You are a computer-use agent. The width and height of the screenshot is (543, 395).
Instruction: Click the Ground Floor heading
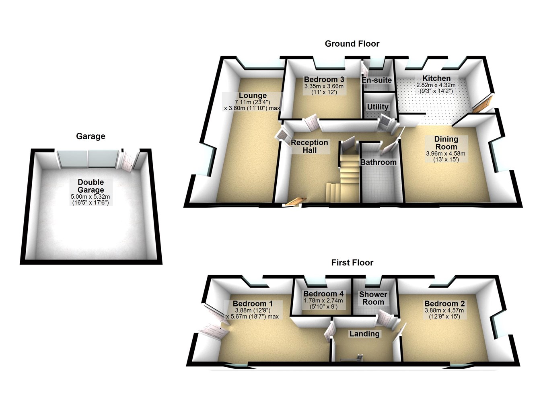352,44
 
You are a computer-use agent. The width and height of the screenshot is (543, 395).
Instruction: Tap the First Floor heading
352,263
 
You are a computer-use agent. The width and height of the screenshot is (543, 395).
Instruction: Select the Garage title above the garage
90,136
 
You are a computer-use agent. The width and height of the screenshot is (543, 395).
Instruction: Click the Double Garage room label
90,186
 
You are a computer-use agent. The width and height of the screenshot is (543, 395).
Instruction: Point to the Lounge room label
253,95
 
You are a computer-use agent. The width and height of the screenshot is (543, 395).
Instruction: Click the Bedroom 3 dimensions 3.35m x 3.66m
324,86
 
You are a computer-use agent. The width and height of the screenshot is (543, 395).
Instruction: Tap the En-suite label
376,80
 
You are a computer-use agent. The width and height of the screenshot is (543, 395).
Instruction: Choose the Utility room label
378,107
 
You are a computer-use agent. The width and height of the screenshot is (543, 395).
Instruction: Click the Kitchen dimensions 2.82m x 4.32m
436,85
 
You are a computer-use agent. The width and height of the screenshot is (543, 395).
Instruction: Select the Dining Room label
446,143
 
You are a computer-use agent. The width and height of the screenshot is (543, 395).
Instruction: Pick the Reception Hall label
309,146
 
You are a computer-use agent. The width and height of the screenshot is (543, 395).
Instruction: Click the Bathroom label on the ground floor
378,162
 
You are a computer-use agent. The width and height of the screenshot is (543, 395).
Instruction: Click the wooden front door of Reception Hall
294,202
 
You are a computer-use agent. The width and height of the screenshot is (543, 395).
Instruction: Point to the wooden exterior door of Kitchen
481,104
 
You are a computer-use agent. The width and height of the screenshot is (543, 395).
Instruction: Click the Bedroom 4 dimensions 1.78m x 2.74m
323,300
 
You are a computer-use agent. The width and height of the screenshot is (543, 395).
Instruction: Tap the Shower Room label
373,298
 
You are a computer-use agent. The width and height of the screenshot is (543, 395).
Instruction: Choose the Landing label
364,333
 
